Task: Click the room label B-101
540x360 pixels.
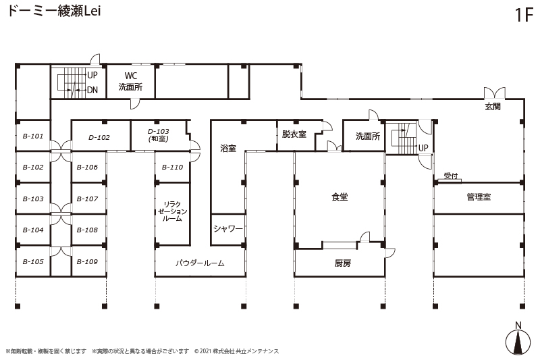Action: [33, 136]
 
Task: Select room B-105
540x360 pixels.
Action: [33, 261]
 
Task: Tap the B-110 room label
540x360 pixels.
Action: [173, 167]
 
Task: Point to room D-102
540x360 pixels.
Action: [99, 138]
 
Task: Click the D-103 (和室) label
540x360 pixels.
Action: [159, 135]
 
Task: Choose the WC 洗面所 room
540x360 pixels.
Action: [130, 81]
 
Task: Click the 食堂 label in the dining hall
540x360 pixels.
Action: [340, 197]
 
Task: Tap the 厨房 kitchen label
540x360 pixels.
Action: [343, 263]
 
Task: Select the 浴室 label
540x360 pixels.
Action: [228, 149]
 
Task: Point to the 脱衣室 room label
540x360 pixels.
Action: [294, 134]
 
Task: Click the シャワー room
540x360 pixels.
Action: [228, 228]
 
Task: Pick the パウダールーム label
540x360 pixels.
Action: [200, 263]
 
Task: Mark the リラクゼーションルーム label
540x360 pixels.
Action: [172, 211]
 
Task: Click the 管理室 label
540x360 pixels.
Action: [479, 197]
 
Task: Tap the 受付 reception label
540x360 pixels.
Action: [451, 176]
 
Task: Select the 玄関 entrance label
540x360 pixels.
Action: [493, 107]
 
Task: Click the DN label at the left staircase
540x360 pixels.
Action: [92, 91]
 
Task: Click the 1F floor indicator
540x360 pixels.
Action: [524, 15]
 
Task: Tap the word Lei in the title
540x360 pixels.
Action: [92, 11]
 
